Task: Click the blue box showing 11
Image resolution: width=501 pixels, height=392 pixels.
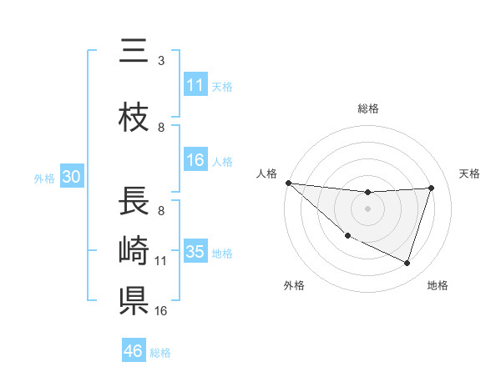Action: coord(195,85)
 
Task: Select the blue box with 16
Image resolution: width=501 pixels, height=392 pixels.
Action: coord(195,160)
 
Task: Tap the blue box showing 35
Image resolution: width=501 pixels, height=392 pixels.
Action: coord(195,252)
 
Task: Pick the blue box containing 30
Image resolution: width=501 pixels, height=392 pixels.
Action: coord(71,177)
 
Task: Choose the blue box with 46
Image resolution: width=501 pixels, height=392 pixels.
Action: coord(134,351)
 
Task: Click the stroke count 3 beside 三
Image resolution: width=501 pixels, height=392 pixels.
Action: coord(161,60)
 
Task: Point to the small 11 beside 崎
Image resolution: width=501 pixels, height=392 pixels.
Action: coord(161,261)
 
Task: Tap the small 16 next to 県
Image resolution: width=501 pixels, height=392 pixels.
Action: coord(161,310)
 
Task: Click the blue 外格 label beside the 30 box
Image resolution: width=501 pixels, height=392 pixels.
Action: coord(44,178)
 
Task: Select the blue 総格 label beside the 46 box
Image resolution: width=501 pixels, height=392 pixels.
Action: coord(160,353)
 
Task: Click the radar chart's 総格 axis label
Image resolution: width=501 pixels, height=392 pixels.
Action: coord(367,108)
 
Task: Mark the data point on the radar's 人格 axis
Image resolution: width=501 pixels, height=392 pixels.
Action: coord(288,183)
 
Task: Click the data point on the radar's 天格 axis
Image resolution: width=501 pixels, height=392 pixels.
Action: coord(432,188)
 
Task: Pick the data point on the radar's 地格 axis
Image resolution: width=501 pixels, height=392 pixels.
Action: coord(407,264)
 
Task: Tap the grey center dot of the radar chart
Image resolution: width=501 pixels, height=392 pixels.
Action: coord(367,209)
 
